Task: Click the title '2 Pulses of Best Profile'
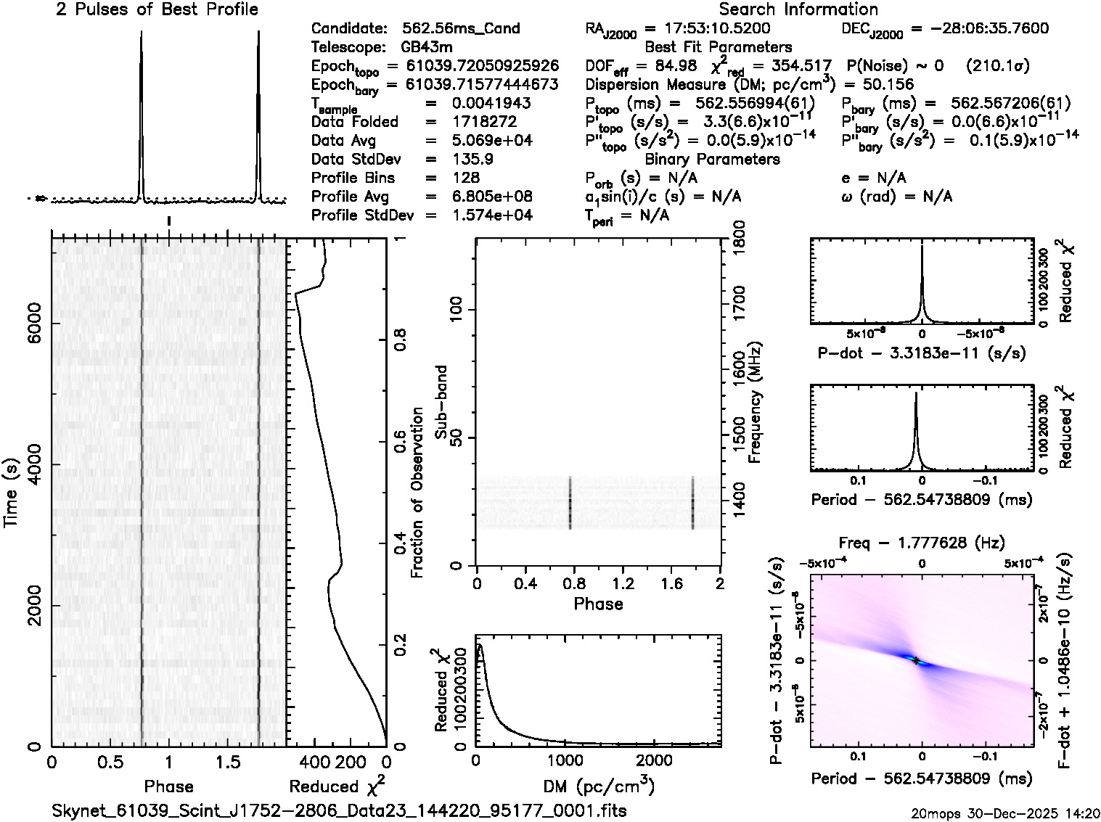157,9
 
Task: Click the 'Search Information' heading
798,9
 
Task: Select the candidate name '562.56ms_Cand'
461,28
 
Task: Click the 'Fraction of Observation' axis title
417,493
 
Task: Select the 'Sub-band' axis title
440,402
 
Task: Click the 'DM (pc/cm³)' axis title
599,786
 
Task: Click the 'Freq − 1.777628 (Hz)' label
922,543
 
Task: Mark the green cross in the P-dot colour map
917,660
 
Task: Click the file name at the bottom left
339,810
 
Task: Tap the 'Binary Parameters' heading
712,159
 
